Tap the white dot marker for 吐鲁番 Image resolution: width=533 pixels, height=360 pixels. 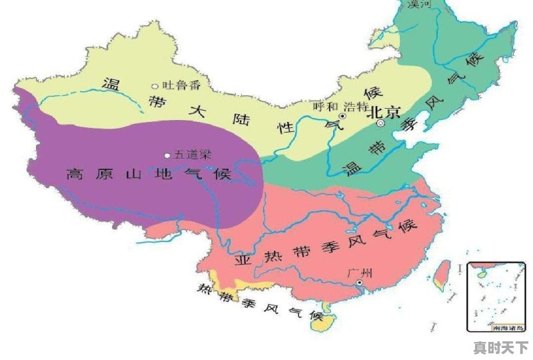click(x=155, y=86)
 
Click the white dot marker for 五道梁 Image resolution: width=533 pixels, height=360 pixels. click(x=167, y=155)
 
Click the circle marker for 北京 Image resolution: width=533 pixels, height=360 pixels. click(x=380, y=124)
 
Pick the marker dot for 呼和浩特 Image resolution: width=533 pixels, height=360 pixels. click(x=342, y=116)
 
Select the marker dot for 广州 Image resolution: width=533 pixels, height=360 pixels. click(x=358, y=283)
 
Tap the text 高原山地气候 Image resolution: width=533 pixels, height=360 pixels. click(x=148, y=175)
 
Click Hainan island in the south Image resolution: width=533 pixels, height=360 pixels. click(x=322, y=323)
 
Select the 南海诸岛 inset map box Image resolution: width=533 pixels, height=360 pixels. click(x=497, y=297)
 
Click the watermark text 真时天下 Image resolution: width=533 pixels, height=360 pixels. click(x=500, y=347)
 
